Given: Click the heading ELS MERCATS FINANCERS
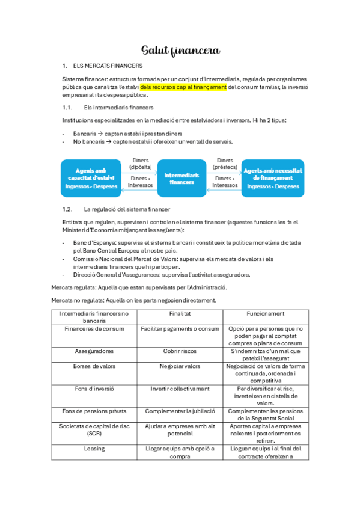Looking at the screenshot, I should pyautogui.click(x=107, y=65).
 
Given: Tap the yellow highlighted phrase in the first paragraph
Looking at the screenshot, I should pyautogui.click(x=183, y=87).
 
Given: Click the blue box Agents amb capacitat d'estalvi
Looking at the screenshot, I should pyautogui.click(x=91, y=178).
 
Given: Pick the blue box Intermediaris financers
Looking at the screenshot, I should pyautogui.click(x=182, y=178).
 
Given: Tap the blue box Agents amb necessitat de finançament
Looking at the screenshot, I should pyautogui.click(x=273, y=178).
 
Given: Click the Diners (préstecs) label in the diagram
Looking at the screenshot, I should pyautogui.click(x=225, y=164).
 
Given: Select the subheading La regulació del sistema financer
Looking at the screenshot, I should pyautogui.click(x=127, y=209).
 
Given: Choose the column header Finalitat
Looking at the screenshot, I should pyautogui.click(x=180, y=313).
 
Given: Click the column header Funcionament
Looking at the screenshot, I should pyautogui.click(x=266, y=313).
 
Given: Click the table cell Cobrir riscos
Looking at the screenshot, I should pyautogui.click(x=180, y=351).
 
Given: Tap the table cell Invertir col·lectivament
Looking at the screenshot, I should pyautogui.click(x=180, y=389).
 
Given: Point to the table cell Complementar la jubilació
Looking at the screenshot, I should pyautogui.click(x=180, y=411).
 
